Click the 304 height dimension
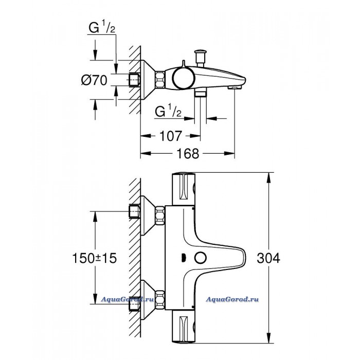point(268,258)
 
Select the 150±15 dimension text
point(94,258)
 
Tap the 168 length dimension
point(188,153)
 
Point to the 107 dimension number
point(171,136)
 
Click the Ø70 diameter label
point(94,80)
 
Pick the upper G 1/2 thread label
point(102,27)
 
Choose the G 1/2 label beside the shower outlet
point(168,111)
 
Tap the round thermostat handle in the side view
point(184,78)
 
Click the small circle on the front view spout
point(201,258)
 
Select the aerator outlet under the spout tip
point(235,87)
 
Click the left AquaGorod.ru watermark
point(127,299)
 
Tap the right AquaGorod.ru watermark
point(232,299)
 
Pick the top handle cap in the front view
point(184,189)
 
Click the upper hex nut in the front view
point(160,215)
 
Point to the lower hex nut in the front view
point(160,300)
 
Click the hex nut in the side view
point(160,80)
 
